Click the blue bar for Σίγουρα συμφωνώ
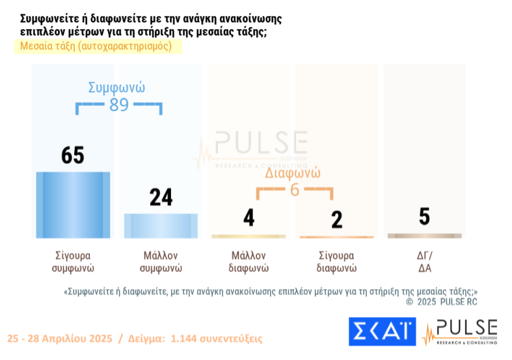73,204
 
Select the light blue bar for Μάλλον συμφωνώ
161,225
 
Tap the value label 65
73,156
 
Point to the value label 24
161,197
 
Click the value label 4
249,218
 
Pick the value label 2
336,219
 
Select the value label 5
424,217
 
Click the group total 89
119,104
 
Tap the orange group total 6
294,190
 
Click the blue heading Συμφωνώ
116,87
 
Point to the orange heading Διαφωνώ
293,174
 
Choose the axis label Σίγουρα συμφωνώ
73,261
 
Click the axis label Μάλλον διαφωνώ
249,261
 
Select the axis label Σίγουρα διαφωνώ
336,261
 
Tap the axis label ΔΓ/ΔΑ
424,261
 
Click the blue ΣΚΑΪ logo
382,332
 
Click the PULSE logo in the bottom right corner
459,332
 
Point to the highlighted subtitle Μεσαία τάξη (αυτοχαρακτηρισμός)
96,46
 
